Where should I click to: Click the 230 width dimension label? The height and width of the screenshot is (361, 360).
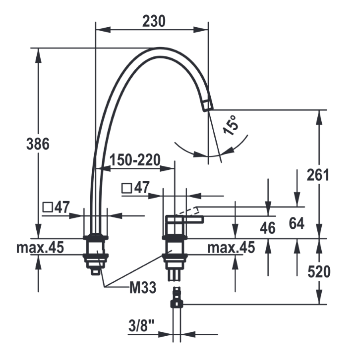click(154, 21)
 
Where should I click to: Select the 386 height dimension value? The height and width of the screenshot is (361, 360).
click(38, 144)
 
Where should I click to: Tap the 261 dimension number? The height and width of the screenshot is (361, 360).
click(318, 175)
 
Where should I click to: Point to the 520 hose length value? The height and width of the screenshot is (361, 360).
click(319, 272)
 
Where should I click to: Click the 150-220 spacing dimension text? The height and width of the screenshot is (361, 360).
click(135, 160)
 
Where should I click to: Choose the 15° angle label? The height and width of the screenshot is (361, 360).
click(231, 125)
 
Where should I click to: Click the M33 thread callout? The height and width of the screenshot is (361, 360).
click(143, 288)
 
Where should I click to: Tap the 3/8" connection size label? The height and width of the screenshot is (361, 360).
click(141, 326)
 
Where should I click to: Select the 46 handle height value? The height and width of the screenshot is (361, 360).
click(268, 228)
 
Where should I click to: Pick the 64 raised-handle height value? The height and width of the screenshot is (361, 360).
click(297, 223)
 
